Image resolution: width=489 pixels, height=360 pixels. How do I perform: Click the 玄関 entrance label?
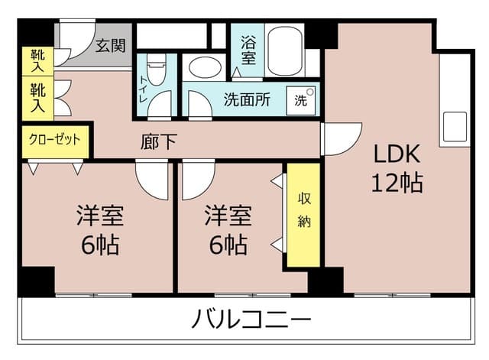pyautogui.click(x=111, y=46)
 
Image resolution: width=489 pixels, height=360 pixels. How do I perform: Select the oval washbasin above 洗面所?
pyautogui.click(x=206, y=67)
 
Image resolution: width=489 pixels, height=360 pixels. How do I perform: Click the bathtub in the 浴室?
pyautogui.click(x=285, y=51)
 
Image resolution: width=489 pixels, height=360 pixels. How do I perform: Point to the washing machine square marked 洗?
pyautogui.click(x=300, y=100)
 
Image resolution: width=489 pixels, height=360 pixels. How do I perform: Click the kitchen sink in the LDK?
pyautogui.click(x=455, y=126)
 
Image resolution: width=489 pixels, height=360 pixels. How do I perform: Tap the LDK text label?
pyautogui.click(x=397, y=154)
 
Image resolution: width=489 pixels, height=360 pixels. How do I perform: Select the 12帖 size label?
pyautogui.click(x=397, y=183)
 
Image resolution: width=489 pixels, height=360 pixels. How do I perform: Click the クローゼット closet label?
pyautogui.click(x=55, y=139)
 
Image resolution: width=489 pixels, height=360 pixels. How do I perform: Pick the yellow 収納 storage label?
pyautogui.click(x=304, y=209)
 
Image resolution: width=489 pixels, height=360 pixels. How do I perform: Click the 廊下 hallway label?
pyautogui.click(x=159, y=142)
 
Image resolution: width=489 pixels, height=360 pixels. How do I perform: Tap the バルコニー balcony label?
pyautogui.click(x=251, y=319)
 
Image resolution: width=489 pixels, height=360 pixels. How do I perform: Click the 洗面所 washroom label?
pyautogui.click(x=247, y=99)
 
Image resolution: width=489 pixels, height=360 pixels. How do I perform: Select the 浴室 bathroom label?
pyautogui.click(x=248, y=50)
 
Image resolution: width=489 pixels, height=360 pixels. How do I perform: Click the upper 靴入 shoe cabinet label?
pyautogui.click(x=37, y=61)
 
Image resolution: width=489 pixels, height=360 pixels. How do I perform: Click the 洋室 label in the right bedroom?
pyautogui.click(x=228, y=216)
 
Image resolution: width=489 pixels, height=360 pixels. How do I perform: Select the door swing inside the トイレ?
pyautogui.click(x=160, y=105)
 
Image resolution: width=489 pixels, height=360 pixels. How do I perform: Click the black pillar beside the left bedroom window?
pyautogui.click(x=36, y=282)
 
